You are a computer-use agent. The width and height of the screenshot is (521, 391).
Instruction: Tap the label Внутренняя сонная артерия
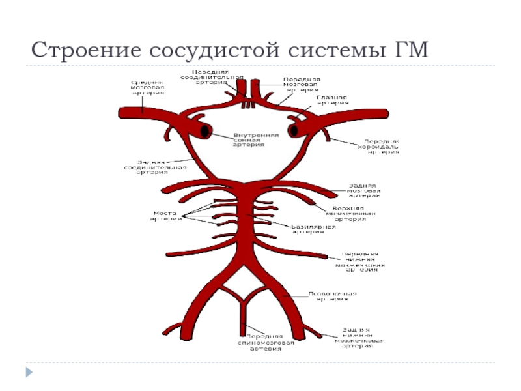pos(256,140)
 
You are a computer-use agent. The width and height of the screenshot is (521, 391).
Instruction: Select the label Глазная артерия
pos(332,100)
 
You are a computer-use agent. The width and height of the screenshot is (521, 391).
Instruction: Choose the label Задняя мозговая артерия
pos(363,190)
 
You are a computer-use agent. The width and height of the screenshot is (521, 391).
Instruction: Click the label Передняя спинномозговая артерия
pos(265,343)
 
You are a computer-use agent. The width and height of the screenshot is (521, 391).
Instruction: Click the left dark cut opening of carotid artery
pos(205,131)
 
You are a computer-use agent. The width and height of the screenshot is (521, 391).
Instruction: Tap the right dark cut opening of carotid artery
pos(294,131)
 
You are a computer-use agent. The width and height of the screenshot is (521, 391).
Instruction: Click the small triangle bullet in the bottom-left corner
pos(29,372)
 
